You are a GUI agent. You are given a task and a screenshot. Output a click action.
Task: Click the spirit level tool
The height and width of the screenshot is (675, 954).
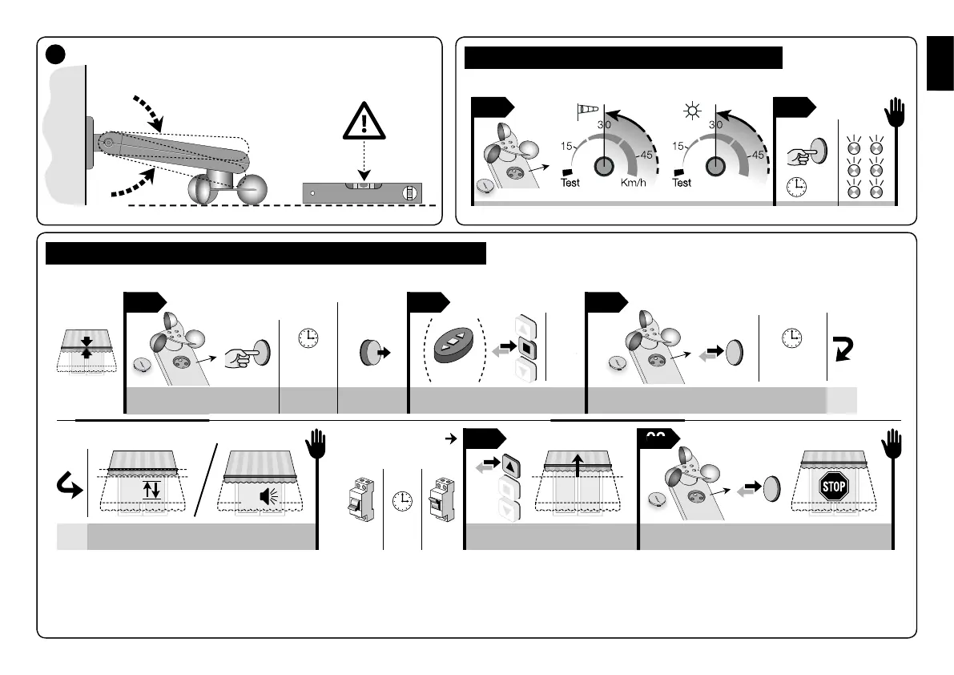tap(362, 192)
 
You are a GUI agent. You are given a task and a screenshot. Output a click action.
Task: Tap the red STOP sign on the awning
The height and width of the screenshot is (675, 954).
tap(834, 487)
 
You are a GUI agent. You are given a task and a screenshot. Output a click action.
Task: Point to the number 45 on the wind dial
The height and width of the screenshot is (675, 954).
tap(646, 156)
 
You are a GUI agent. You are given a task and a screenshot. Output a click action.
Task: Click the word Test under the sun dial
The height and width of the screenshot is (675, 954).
tap(681, 183)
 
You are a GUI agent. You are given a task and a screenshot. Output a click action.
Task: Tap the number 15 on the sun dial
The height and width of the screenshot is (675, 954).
tap(678, 147)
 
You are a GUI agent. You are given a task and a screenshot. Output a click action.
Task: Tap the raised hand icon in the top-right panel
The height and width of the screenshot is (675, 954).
tap(896, 115)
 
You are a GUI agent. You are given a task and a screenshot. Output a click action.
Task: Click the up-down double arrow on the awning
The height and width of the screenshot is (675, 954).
tap(151, 489)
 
